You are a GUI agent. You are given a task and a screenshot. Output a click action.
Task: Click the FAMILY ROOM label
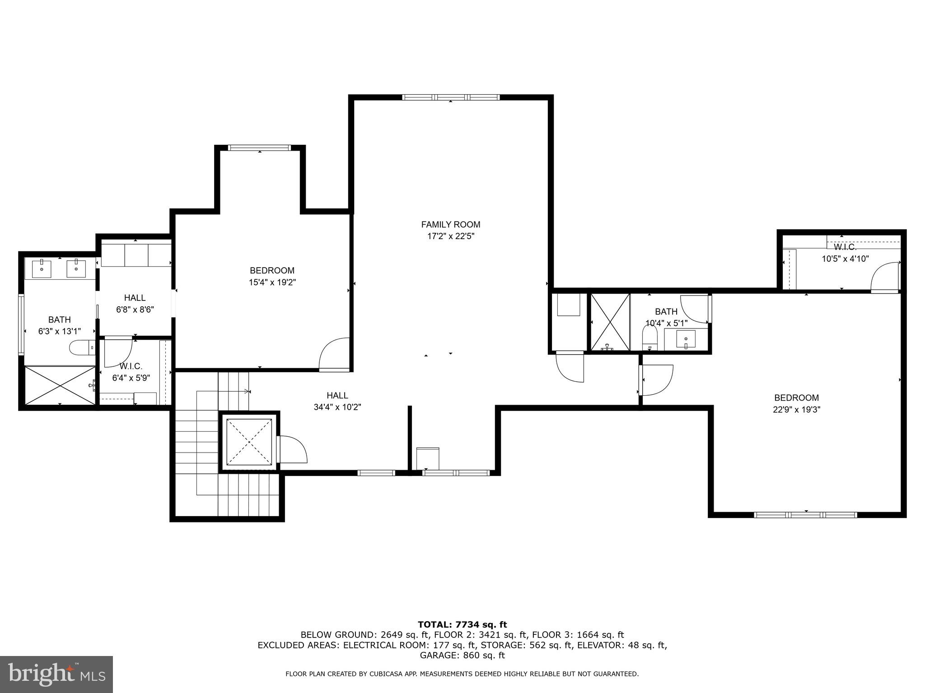(450, 224)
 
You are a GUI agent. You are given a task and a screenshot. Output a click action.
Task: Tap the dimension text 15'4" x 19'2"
(272, 282)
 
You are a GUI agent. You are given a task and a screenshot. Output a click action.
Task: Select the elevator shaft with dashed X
(250, 442)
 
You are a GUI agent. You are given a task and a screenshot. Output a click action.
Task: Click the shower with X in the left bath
(60, 385)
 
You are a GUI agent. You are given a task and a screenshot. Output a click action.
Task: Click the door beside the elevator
(291, 449)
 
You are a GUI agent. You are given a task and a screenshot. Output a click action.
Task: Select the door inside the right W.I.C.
(886, 277)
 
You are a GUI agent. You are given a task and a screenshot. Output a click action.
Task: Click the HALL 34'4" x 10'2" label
(337, 401)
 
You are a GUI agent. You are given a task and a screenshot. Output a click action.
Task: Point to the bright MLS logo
(56, 674)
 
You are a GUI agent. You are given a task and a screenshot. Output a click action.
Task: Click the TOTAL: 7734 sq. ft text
(462, 624)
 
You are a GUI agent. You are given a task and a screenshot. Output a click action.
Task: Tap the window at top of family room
(451, 97)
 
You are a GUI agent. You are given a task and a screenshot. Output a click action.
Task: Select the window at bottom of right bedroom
(805, 514)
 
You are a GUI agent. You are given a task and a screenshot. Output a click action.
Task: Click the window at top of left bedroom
(259, 148)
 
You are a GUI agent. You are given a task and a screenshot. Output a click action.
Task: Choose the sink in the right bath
(686, 339)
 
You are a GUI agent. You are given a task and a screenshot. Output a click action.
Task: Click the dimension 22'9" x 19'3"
(796, 410)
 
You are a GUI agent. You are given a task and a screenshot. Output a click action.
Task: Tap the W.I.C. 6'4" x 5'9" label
(131, 372)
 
